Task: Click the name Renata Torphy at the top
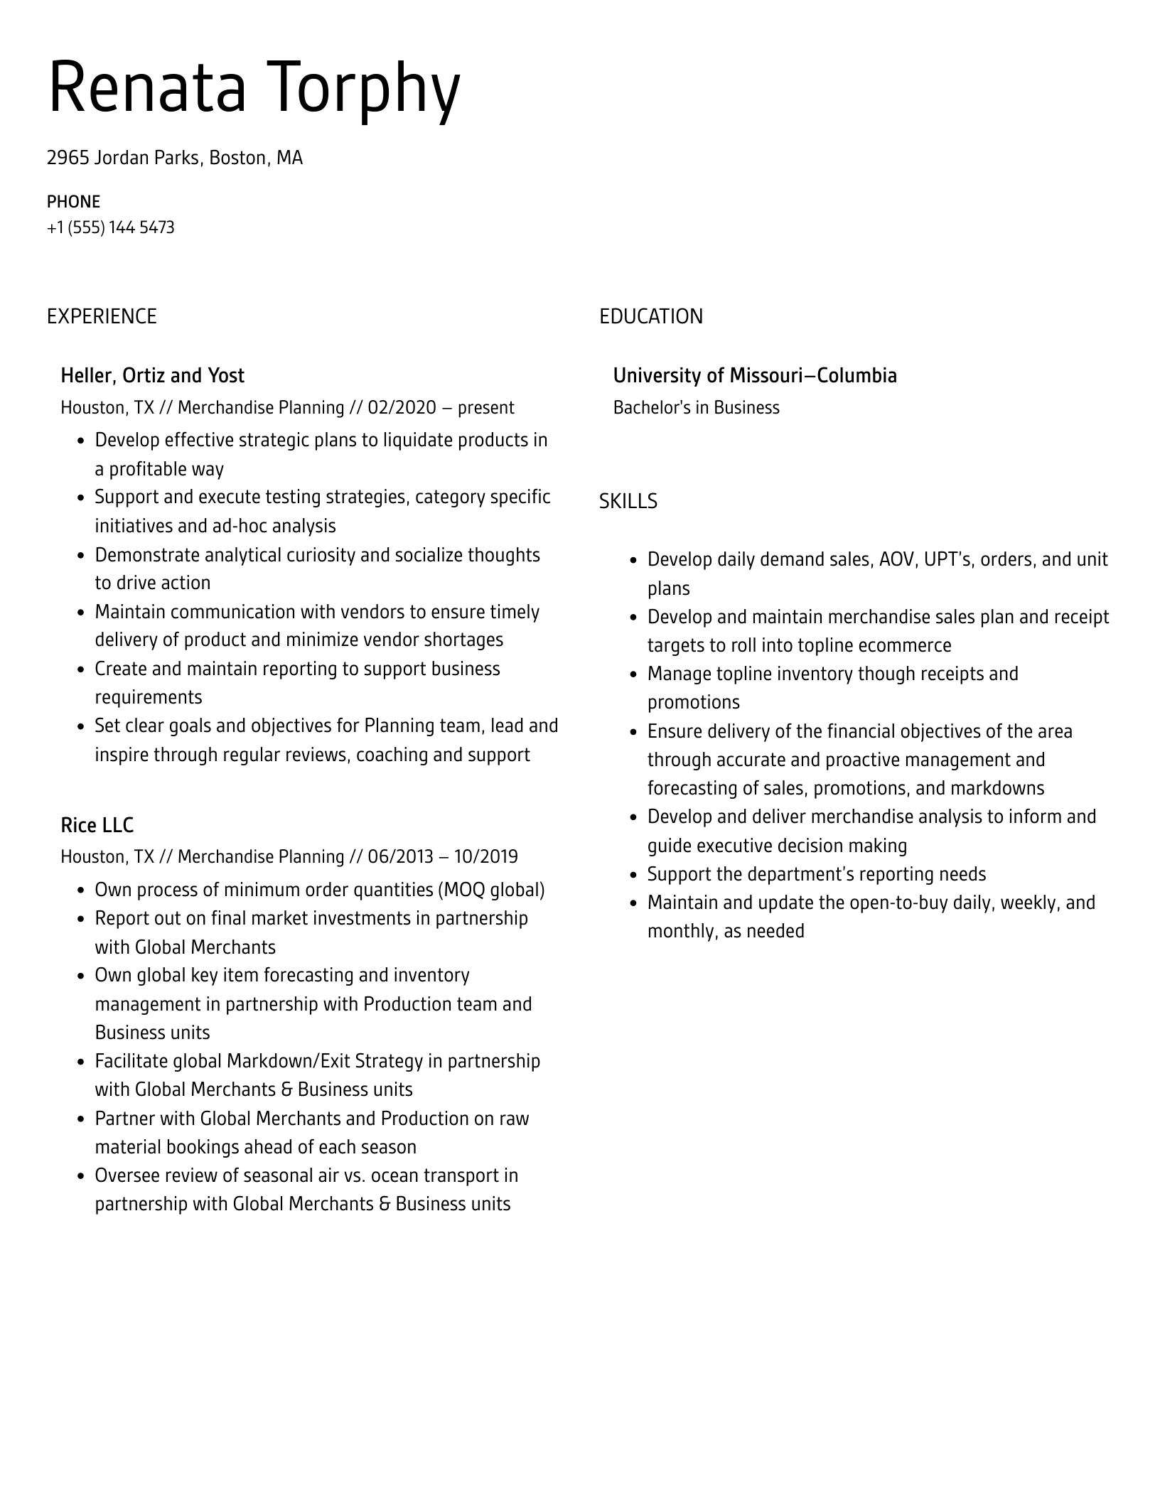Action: [x=254, y=88]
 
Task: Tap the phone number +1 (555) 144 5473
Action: [x=110, y=227]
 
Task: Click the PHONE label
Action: [x=73, y=202]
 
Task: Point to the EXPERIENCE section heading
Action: [x=102, y=316]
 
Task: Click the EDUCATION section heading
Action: [x=650, y=316]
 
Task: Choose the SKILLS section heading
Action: [x=628, y=501]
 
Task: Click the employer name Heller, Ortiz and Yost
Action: [x=152, y=375]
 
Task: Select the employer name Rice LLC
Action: [x=97, y=824]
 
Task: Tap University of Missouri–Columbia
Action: [x=755, y=375]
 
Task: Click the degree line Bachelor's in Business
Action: [x=696, y=407]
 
